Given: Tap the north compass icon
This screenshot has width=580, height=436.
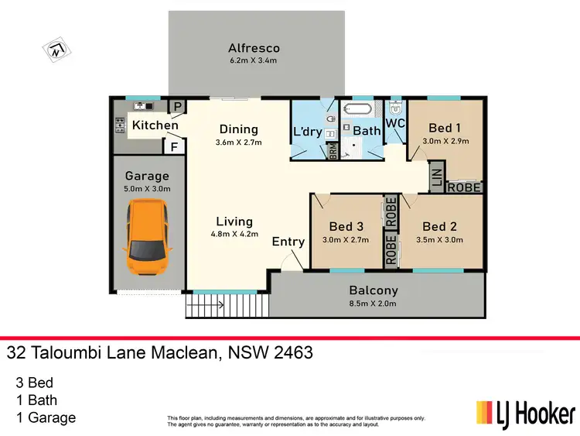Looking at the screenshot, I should pos(56,51).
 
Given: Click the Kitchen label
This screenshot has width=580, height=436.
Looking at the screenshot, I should pos(155,125).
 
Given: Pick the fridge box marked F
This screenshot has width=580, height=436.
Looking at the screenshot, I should pos(176,145).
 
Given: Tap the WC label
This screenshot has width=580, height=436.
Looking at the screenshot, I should pos(395,123).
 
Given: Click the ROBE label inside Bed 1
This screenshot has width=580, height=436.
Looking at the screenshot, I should pos(465,187).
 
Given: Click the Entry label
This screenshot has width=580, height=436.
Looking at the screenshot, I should pos(288,242).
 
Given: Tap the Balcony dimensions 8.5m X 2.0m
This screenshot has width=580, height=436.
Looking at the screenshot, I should pos(374,303).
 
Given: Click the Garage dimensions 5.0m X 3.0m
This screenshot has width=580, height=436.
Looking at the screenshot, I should pos(147,188).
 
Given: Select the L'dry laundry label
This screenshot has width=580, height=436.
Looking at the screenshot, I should pos(307,131).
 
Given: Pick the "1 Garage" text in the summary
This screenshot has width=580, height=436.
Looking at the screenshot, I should pos(46,418).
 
